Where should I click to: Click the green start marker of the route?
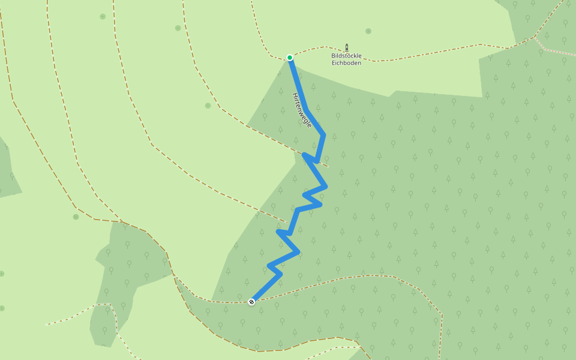click(290, 58)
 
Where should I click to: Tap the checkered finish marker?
click(251, 302)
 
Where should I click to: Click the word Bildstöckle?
click(346, 56)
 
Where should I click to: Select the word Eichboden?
click(346, 62)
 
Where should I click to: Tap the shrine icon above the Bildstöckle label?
click(346, 47)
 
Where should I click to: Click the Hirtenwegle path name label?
click(302, 109)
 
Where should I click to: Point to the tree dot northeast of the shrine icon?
click(368, 31)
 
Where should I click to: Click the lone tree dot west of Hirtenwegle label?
click(208, 106)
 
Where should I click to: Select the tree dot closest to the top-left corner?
click(103, 16)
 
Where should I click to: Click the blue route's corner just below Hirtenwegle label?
click(323, 134)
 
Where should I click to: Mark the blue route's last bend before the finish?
click(280, 275)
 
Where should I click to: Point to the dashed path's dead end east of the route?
click(328, 166)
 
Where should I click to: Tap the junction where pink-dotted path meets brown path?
click(534, 37)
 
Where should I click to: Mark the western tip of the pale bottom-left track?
click(47, 325)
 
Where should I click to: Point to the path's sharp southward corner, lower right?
click(442, 315)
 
